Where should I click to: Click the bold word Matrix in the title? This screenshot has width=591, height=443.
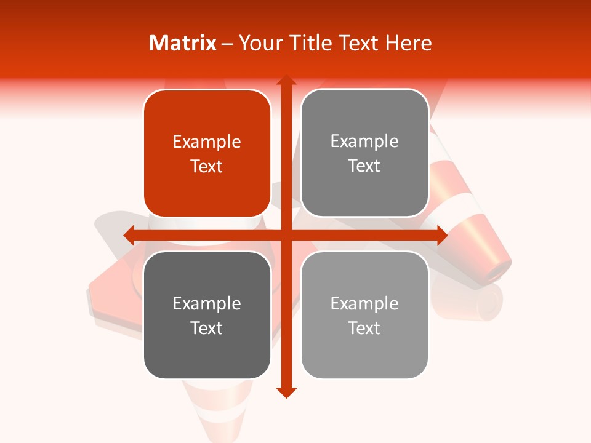(x=183, y=43)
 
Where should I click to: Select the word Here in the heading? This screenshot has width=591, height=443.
(x=408, y=43)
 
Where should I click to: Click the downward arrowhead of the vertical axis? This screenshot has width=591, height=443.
(x=286, y=392)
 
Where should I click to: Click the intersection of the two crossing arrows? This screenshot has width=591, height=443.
(x=286, y=235)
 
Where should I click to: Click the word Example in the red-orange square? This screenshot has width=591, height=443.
(x=207, y=142)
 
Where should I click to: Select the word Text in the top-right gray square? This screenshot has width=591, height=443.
(x=364, y=166)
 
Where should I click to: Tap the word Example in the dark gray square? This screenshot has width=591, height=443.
(x=207, y=303)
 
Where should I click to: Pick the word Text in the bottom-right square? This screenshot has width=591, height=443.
(x=364, y=328)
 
